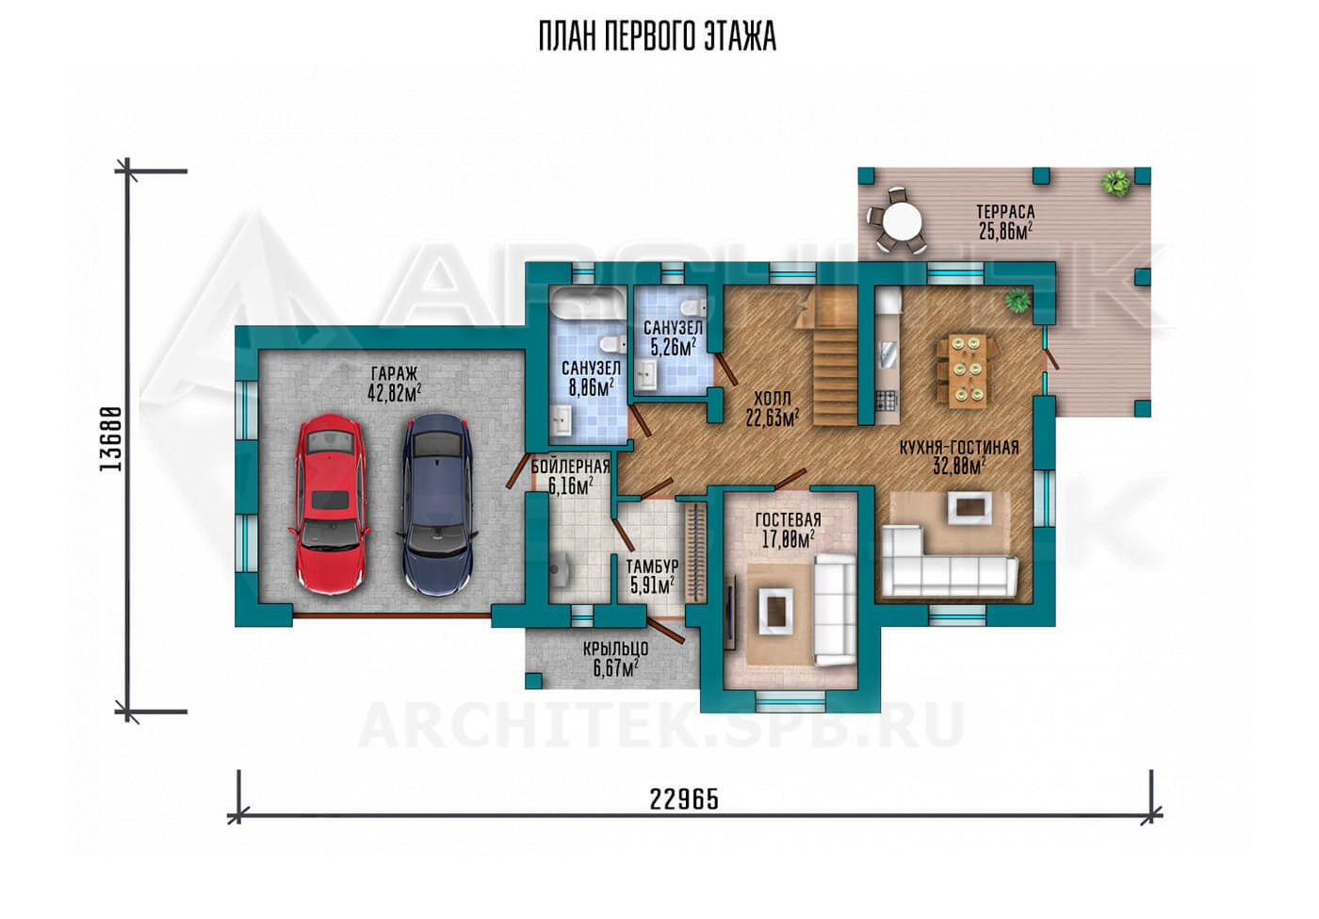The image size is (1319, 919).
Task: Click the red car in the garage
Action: (x=330, y=504)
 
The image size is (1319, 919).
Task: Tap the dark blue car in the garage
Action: (x=437, y=504)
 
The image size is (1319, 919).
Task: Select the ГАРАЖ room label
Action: (x=394, y=373)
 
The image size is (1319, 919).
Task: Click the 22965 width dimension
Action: (x=684, y=799)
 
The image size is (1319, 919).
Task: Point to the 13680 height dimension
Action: (x=111, y=439)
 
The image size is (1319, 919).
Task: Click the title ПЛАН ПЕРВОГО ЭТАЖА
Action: (x=658, y=37)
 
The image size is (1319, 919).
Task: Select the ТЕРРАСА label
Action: (x=1005, y=211)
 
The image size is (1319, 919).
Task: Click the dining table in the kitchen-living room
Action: (x=968, y=370)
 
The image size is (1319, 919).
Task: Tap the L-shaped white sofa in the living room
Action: (x=948, y=561)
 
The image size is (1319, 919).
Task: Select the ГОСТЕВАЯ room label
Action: (x=788, y=519)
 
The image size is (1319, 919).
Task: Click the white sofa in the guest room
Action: (x=835, y=609)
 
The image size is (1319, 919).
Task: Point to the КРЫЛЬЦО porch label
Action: (x=615, y=648)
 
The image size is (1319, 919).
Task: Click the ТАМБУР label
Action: (x=652, y=566)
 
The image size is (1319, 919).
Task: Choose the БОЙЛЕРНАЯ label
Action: (x=570, y=467)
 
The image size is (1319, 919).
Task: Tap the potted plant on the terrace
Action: (x=1115, y=183)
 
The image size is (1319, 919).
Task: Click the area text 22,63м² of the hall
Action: (x=772, y=418)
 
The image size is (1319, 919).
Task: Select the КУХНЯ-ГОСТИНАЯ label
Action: (x=959, y=447)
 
